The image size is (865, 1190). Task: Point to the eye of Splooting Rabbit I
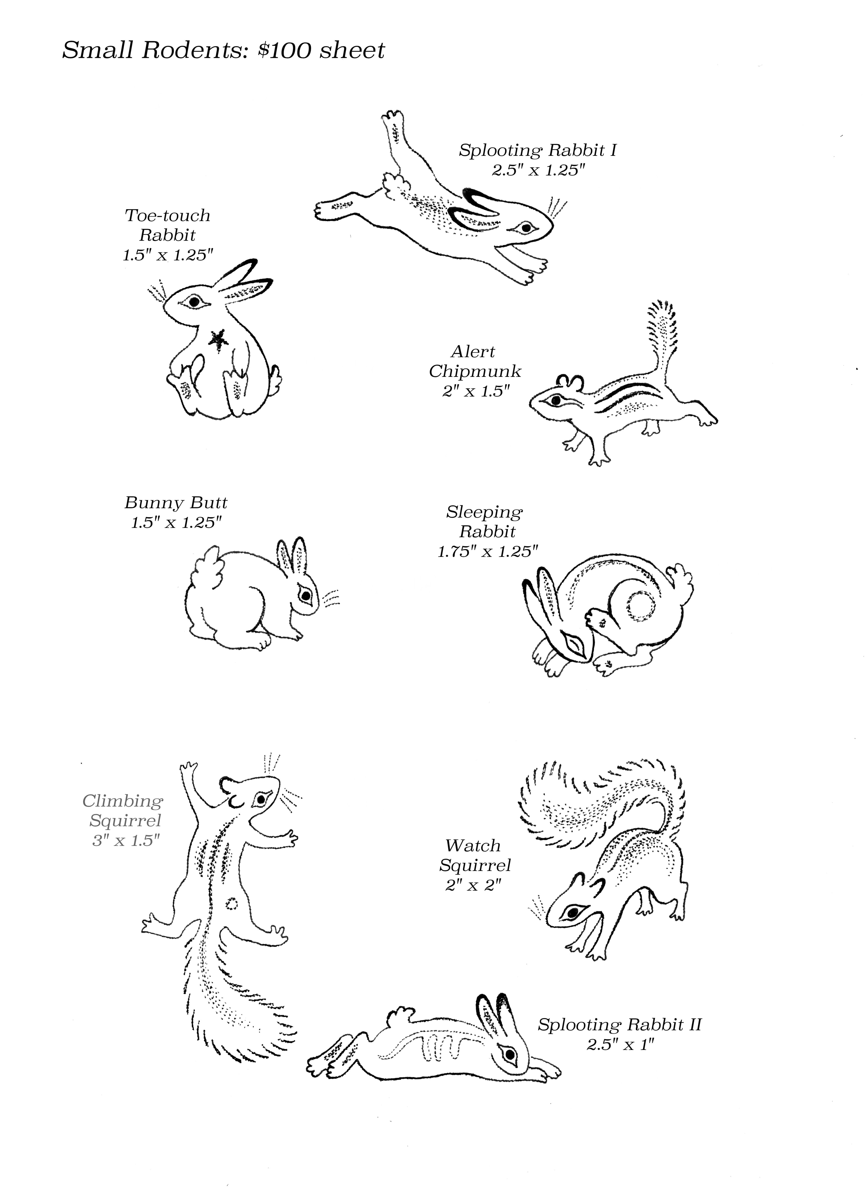[x=523, y=228]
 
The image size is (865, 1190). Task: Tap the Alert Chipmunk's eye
[x=555, y=400]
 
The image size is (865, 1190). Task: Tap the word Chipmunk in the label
[x=475, y=371]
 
